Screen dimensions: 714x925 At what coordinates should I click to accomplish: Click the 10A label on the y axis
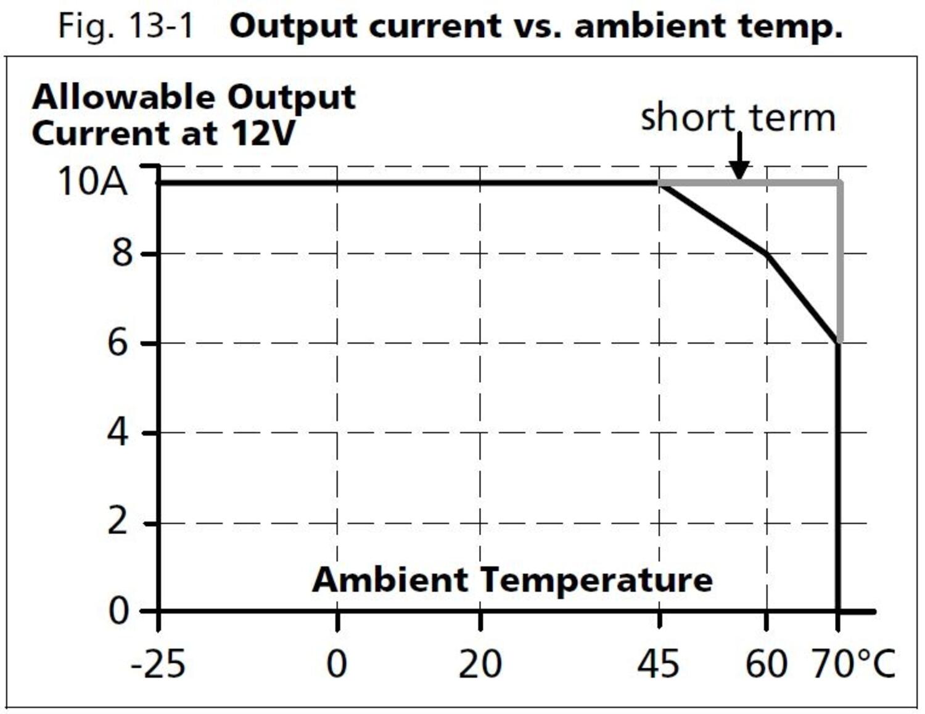(92, 182)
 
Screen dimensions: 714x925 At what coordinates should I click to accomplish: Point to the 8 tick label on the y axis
(122, 253)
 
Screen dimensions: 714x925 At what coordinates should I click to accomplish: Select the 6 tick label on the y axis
(118, 342)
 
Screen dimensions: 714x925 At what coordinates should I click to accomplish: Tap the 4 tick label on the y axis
(118, 432)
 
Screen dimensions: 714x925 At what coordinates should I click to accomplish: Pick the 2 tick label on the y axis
(118, 522)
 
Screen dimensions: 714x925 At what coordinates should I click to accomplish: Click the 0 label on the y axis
(119, 611)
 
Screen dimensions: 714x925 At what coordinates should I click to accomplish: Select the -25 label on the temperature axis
(158, 665)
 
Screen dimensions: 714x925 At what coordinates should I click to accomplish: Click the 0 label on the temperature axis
(337, 665)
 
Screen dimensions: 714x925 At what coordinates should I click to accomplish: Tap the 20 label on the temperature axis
(480, 665)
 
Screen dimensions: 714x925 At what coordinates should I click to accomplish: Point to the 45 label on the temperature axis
(659, 665)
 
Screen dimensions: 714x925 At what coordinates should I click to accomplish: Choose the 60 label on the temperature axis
(766, 665)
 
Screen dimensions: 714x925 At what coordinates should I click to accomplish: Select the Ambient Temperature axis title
(512, 580)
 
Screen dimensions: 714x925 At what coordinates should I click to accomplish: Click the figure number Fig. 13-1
(126, 26)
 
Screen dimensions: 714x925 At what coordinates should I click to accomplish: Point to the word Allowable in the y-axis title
(123, 97)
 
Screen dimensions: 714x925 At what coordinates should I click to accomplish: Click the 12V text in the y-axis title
(263, 133)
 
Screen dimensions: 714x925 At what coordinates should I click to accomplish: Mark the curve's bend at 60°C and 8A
(767, 253)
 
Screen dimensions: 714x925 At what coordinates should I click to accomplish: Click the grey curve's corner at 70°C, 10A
(839, 183)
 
